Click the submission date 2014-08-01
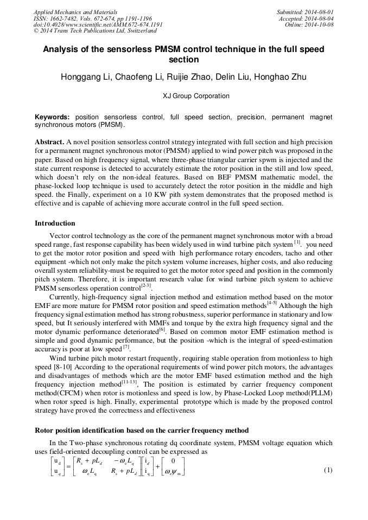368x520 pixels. [319, 12]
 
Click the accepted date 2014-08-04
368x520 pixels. [319, 18]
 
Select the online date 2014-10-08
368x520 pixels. [319, 24]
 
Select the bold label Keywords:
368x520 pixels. [53, 117]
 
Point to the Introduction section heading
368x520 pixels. [55, 223]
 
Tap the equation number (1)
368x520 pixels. [328, 470]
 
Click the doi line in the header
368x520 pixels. [98, 24]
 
